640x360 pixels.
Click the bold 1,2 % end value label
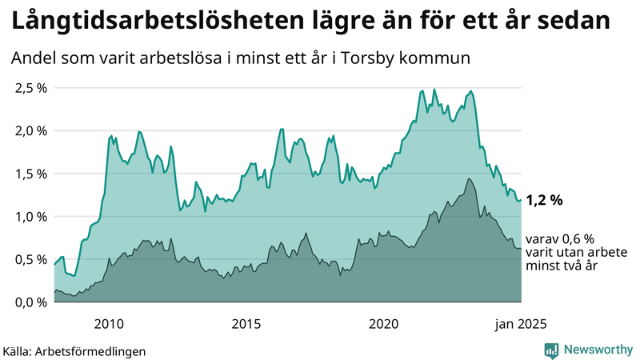click(545, 201)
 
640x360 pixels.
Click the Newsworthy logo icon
click(551, 350)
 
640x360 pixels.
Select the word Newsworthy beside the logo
click(598, 350)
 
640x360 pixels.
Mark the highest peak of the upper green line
click(434, 89)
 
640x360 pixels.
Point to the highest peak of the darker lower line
click(468, 178)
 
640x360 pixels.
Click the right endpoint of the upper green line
click(521, 200)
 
